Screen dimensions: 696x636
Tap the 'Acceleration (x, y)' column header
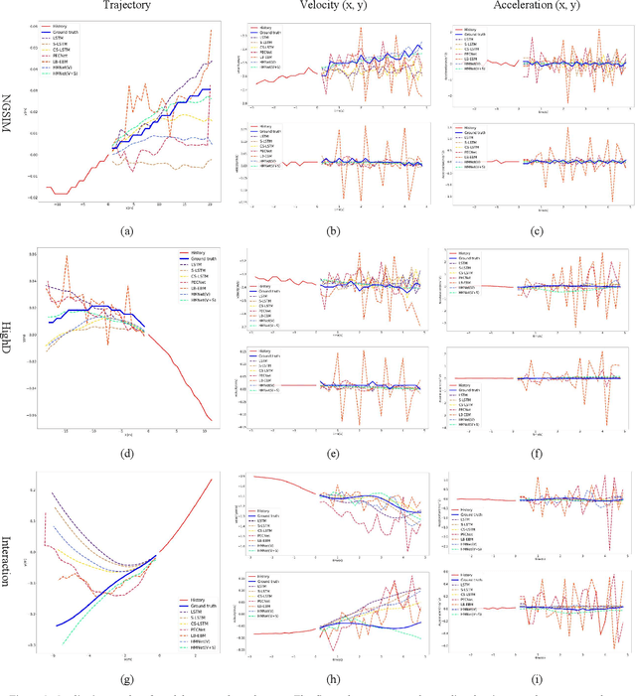529,7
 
